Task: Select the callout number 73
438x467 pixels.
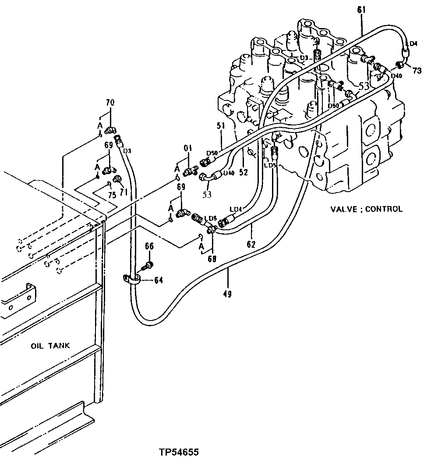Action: click(x=417, y=71)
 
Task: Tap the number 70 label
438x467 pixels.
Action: click(x=110, y=103)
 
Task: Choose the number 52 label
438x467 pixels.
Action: click(x=243, y=173)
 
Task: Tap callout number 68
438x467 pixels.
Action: click(x=212, y=259)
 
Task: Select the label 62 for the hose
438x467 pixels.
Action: click(x=251, y=244)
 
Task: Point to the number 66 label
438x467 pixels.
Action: click(x=149, y=247)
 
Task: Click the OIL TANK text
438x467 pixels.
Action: click(x=50, y=346)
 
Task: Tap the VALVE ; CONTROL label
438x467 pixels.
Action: click(x=366, y=209)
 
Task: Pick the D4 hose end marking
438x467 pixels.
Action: click(x=413, y=43)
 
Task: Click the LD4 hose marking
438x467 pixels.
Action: click(x=235, y=210)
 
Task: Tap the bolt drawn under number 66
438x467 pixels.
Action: click(x=149, y=266)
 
